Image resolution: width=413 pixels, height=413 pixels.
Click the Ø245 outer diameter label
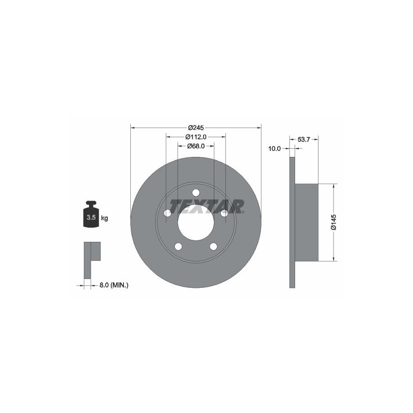[x=196, y=128]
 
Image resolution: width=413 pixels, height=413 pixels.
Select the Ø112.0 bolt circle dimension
[x=195, y=137]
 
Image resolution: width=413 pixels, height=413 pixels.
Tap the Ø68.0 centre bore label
[x=195, y=146]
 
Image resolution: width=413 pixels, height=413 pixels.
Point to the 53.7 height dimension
[x=304, y=140]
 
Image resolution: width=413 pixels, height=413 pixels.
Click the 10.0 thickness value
[x=274, y=149]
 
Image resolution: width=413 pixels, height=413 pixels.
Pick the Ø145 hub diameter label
[x=334, y=222]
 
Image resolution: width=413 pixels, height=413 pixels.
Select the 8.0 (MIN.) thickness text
[x=114, y=285]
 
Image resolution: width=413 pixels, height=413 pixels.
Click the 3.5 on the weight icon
[x=91, y=218]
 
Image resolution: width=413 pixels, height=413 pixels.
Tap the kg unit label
[x=105, y=218]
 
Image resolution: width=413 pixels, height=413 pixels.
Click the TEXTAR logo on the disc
[x=207, y=206]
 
